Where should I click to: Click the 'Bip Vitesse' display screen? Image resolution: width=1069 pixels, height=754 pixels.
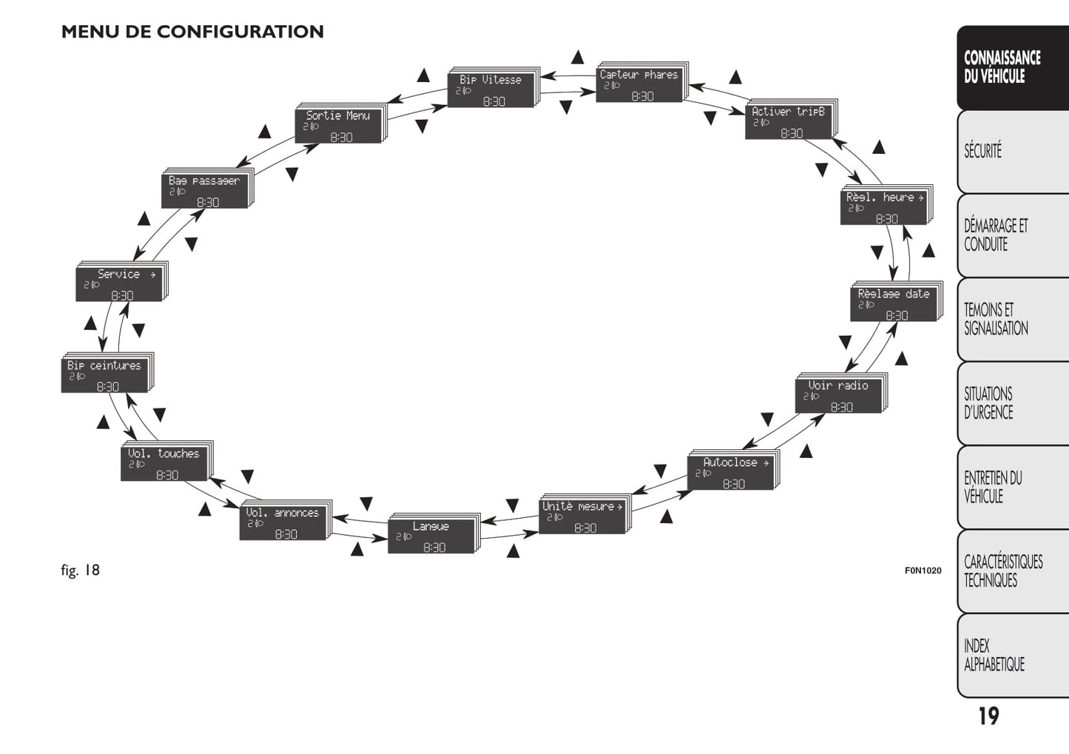click(491, 90)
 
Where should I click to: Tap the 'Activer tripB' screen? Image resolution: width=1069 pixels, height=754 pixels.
click(789, 121)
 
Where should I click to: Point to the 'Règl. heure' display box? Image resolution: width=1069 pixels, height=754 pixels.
click(884, 207)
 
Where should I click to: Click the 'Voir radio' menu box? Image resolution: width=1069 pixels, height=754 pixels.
click(839, 395)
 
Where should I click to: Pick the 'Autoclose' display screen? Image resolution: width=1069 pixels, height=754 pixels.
click(731, 472)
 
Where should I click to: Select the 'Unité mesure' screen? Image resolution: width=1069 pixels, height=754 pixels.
click(583, 516)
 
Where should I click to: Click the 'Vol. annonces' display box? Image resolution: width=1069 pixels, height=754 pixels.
click(283, 522)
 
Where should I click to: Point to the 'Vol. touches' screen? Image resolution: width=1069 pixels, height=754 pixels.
click(164, 463)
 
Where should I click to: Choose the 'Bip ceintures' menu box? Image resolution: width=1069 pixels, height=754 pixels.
click(105, 375)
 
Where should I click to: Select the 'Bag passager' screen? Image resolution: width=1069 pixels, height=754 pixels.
click(205, 190)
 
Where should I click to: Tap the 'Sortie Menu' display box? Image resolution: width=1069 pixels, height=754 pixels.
click(339, 125)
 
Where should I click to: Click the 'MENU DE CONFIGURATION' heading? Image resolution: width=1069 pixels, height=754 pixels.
click(192, 32)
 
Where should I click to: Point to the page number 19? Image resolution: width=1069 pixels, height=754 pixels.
click(988, 716)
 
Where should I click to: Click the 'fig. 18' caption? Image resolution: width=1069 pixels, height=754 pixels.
click(80, 570)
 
